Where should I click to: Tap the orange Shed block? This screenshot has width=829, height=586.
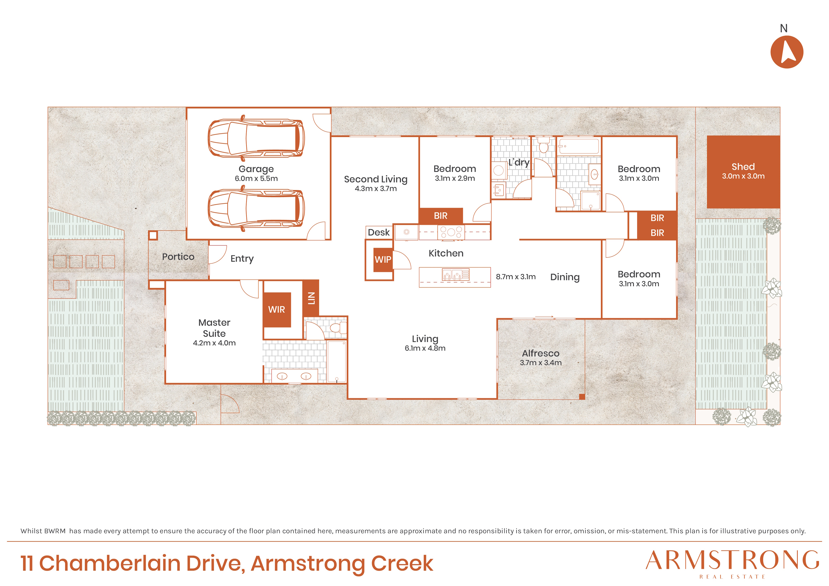743,172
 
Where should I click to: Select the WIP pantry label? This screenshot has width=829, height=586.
383,260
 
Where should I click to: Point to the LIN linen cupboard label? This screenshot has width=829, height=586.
311,298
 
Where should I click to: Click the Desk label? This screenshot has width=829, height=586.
379,233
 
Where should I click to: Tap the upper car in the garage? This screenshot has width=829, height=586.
256,138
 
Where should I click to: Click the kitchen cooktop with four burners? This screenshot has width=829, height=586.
451,232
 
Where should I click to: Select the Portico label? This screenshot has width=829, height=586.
178,257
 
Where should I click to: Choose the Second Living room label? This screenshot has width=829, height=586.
376,179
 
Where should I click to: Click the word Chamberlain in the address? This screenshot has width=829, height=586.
110,563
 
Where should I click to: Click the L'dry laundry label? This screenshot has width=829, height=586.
519,163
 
